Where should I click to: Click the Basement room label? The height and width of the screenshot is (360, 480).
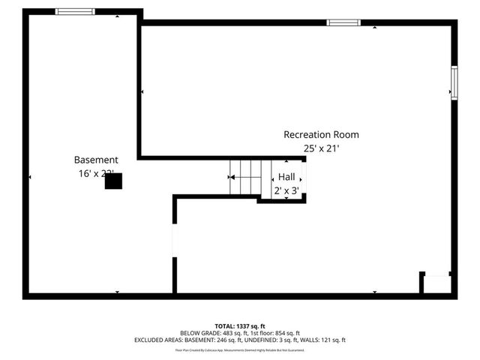[96, 160]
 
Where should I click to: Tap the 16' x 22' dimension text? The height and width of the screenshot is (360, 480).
[96, 174]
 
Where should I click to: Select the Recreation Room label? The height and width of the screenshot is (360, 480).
[321, 135]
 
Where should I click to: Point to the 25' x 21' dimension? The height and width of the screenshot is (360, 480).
[321, 148]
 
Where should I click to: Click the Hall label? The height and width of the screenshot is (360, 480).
[286, 176]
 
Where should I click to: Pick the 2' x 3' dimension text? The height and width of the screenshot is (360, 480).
[286, 190]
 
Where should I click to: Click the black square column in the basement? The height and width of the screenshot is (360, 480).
[112, 181]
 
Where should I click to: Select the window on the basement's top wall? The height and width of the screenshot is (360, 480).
[76, 11]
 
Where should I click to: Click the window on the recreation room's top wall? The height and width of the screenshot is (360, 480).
[343, 22]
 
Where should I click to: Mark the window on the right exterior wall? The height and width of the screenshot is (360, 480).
[453, 82]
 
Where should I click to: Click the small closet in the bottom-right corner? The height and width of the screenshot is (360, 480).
[436, 284]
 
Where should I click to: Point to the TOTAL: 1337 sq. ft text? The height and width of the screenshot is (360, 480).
[240, 325]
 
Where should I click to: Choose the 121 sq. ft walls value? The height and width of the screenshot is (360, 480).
[330, 340]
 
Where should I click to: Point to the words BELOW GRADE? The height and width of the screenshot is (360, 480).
[198, 333]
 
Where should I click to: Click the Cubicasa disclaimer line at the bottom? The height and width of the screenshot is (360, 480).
[240, 349]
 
